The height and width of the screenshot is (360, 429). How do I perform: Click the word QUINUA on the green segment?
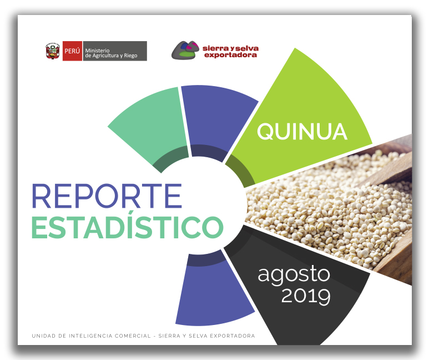pyautogui.click(x=302, y=132)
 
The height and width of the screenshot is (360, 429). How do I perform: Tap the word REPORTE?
pyautogui.click(x=107, y=196)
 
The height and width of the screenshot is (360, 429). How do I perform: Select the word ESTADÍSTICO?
pyautogui.click(x=128, y=226)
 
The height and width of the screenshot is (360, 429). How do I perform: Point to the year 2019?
pyautogui.click(x=306, y=296)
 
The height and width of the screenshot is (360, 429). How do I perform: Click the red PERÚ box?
pyautogui.click(x=72, y=51)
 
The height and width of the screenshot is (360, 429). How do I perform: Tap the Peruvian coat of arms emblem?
pyautogui.click(x=53, y=51)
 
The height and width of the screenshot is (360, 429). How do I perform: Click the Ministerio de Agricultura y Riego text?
pyautogui.click(x=111, y=53)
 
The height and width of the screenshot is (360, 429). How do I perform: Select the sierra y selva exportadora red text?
pyautogui.click(x=230, y=52)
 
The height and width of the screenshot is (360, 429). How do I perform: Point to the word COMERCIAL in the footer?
pyautogui.click(x=133, y=336)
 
